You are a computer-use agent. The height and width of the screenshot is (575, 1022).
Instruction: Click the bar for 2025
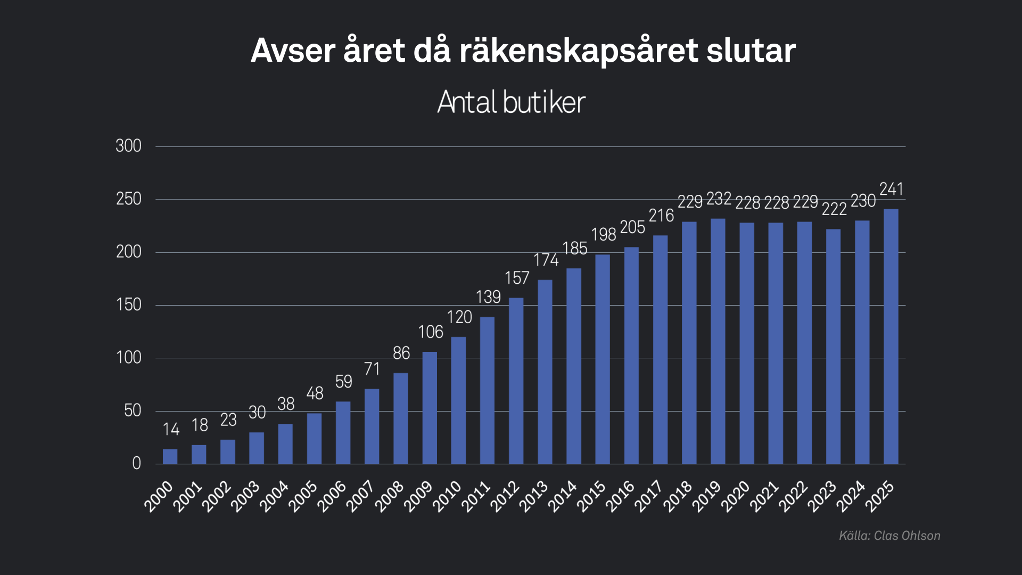pos(891,336)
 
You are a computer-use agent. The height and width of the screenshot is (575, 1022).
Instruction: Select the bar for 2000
pos(170,456)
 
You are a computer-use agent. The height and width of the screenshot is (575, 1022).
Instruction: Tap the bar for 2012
pos(516,381)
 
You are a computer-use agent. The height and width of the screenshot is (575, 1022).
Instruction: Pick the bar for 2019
pos(718,341)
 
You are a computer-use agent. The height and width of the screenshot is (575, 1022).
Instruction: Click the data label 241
pos(891,189)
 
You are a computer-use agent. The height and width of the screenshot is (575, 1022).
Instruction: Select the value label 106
pos(430,332)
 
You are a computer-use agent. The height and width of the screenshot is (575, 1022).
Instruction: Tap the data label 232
pos(719,199)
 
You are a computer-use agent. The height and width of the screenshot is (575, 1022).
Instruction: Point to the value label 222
pos(834,209)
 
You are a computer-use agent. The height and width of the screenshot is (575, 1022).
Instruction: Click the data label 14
pos(171,429)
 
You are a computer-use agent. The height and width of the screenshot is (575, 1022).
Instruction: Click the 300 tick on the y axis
pos(129,146)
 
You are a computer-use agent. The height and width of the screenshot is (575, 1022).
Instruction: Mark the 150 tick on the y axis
pos(129,305)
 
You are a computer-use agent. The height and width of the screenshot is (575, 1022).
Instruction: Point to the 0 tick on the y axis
pos(136,464)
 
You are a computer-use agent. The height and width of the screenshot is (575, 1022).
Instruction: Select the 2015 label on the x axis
pos(591,496)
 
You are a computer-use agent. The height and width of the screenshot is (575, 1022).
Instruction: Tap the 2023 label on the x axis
pos(822,496)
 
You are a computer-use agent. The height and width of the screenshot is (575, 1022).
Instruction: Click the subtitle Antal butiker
pos(511,102)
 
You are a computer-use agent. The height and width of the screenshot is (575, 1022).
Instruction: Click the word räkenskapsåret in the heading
pos(578,51)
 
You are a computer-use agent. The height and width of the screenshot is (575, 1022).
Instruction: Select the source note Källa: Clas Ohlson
pos(889,536)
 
